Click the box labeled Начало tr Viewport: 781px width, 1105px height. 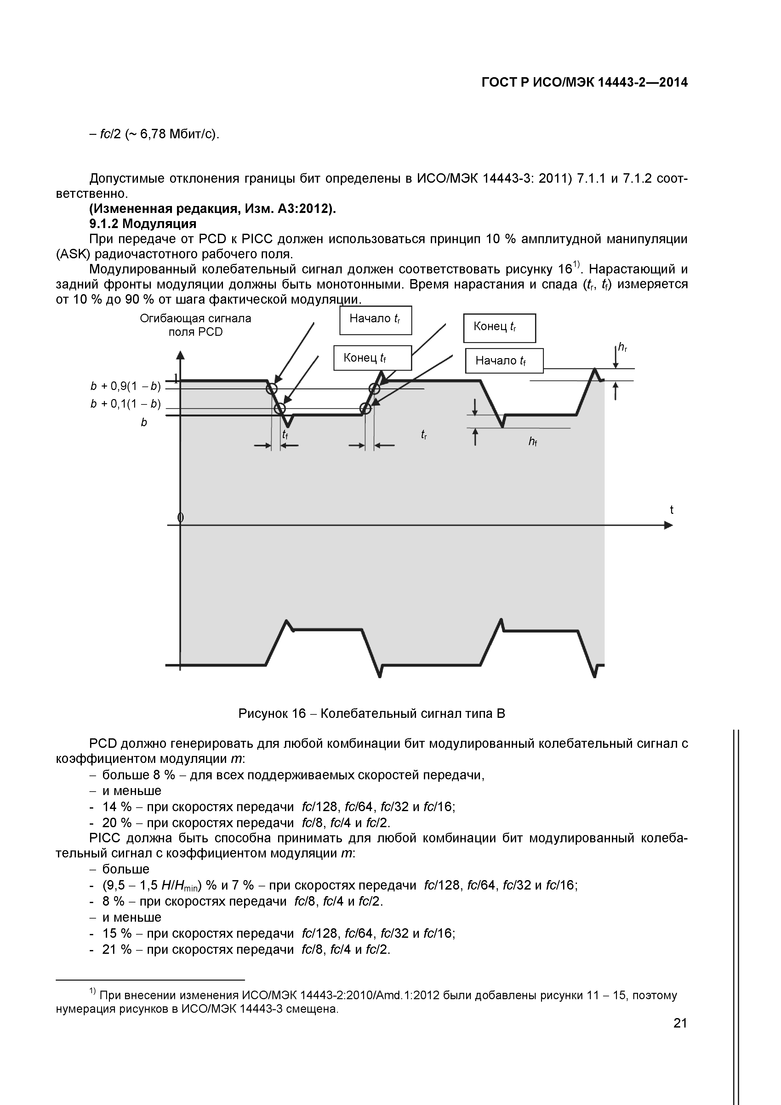click(375, 320)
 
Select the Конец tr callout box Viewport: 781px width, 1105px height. click(499, 328)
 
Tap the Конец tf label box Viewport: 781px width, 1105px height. click(373, 358)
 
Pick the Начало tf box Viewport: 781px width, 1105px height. click(504, 360)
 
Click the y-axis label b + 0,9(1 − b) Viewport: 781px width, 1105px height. click(125, 386)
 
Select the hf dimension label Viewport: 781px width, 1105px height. click(532, 441)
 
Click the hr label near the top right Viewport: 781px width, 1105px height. click(622, 347)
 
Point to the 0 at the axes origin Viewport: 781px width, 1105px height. click(180, 517)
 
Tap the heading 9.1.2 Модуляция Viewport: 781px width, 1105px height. click(143, 224)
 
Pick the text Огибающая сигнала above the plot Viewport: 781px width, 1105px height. click(195, 318)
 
